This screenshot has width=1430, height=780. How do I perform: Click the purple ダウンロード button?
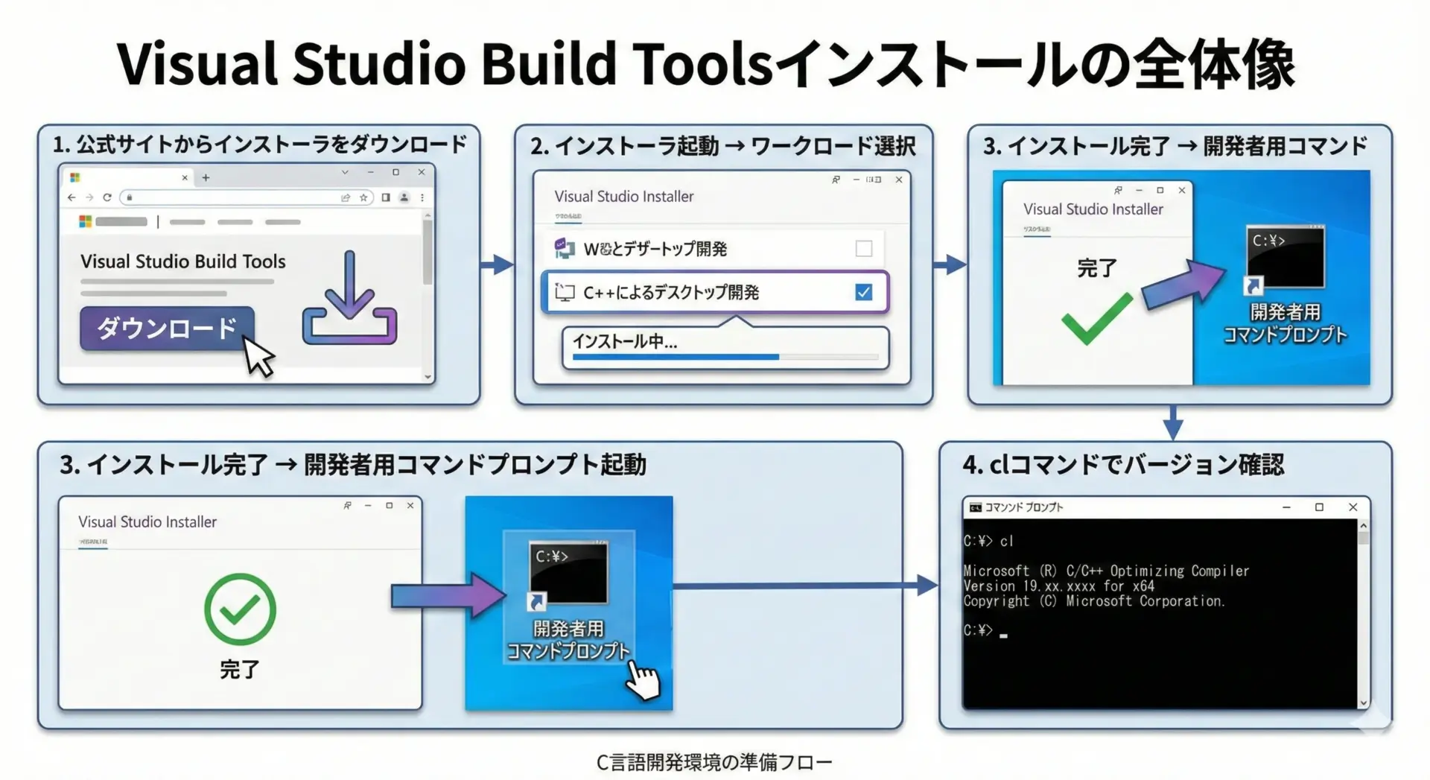pos(167,328)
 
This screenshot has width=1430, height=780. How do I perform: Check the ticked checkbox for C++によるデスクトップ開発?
pos(863,292)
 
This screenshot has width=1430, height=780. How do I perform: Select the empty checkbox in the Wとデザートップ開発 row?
pos(863,249)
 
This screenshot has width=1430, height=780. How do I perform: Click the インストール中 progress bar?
pos(725,358)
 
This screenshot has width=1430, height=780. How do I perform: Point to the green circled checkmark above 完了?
pos(240,609)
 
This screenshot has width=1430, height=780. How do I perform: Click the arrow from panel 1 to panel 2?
pos(497,264)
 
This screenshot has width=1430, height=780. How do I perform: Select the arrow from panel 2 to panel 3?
pos(950,264)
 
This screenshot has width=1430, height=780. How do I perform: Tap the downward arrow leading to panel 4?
pos(1173,422)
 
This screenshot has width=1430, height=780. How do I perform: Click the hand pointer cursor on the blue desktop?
pos(643,680)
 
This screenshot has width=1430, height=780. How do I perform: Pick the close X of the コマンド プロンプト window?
pos(1353,507)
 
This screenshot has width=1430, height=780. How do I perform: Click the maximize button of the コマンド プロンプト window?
pos(1319,507)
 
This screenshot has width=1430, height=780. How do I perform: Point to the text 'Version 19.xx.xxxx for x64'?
pos(1058,586)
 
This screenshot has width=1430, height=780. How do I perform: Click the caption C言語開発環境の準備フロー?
pos(714,762)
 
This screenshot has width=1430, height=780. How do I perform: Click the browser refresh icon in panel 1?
pos(107,197)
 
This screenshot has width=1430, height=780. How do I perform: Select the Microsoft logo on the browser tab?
pos(74,177)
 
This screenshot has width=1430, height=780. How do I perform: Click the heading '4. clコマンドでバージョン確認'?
pos(1122,465)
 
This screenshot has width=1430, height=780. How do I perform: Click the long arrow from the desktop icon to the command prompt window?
pos(804,586)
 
